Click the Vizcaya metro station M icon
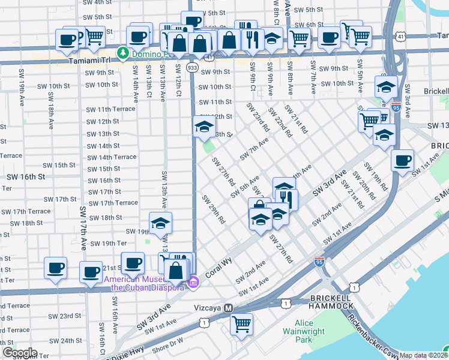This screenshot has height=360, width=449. (228, 308)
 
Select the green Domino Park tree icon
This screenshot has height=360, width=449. (124, 53)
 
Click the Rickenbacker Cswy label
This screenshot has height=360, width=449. (373, 334)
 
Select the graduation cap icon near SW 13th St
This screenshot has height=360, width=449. (204, 127)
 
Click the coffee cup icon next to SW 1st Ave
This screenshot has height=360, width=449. (402, 160)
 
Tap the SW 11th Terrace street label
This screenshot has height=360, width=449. (111, 110)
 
